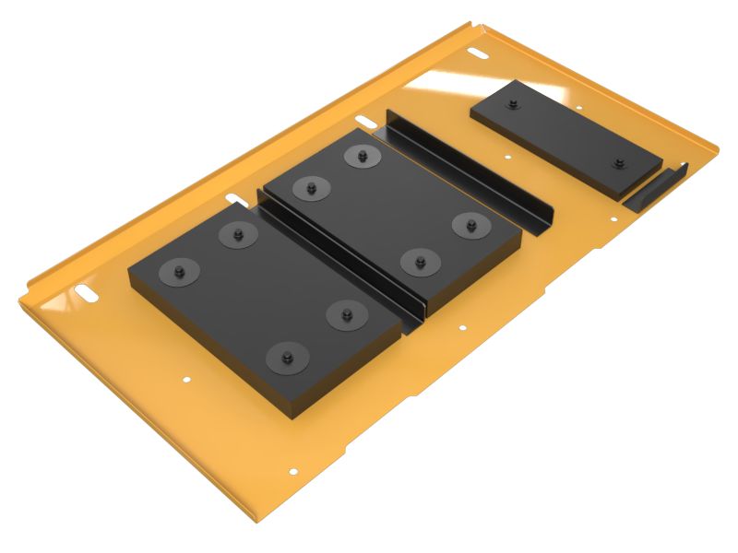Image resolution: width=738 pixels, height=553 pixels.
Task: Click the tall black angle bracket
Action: point(470,171)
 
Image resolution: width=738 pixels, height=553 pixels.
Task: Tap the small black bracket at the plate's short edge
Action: point(657,188)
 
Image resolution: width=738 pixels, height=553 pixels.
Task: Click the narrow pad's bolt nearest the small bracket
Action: point(619,164)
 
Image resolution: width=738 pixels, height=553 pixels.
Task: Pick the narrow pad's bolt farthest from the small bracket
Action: point(513,105)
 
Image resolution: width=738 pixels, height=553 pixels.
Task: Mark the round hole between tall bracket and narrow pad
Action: point(507,157)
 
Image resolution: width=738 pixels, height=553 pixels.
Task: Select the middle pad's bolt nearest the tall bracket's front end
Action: point(470,224)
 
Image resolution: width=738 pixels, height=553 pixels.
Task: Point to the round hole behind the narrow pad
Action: point(580,106)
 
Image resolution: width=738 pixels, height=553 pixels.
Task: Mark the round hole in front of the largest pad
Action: point(186,379)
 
